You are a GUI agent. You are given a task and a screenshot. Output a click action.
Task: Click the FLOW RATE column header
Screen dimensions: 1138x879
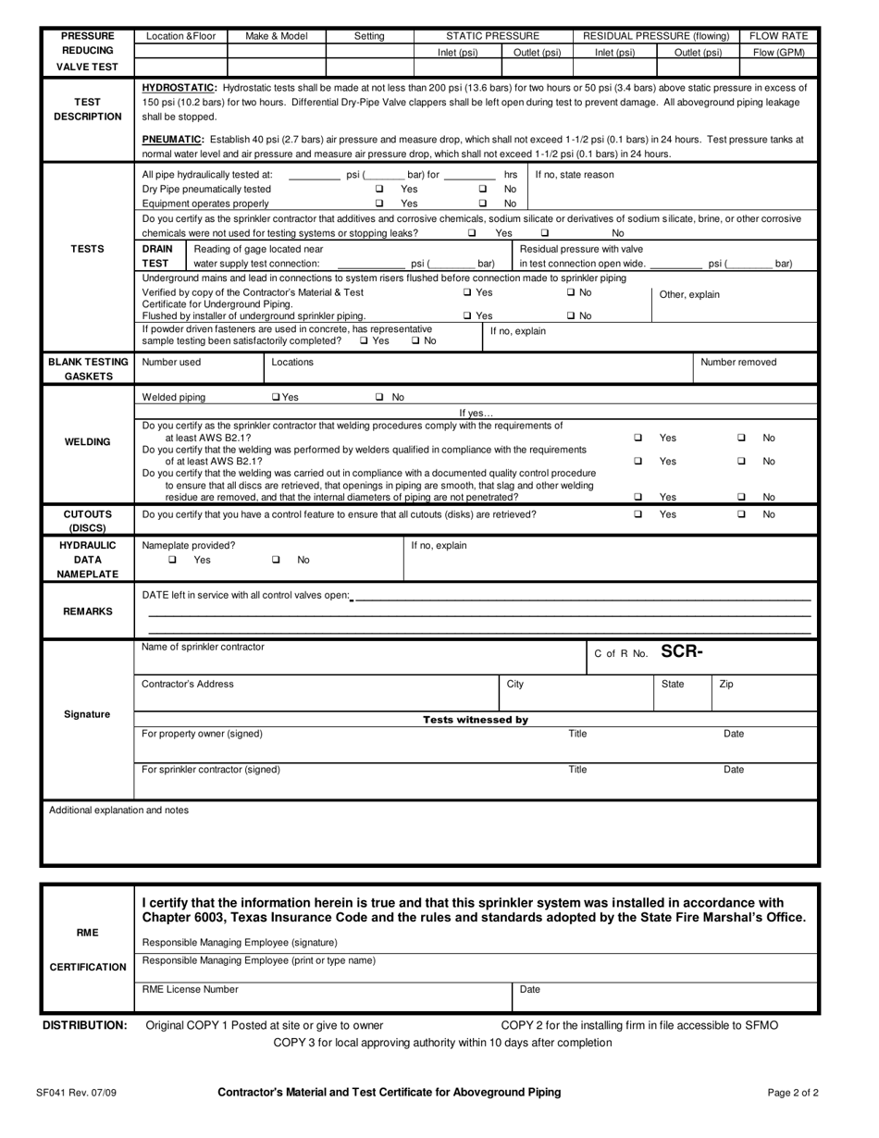point(779,36)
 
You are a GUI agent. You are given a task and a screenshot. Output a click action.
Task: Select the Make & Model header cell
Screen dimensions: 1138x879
point(277,36)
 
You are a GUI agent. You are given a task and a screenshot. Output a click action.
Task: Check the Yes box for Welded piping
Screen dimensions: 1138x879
point(275,397)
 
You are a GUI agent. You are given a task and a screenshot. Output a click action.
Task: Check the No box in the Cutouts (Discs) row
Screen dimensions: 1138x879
point(740,514)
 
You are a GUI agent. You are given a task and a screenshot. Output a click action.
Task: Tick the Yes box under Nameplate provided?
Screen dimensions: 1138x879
point(172,560)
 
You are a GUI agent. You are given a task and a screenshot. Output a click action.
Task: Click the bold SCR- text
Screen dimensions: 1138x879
point(682,651)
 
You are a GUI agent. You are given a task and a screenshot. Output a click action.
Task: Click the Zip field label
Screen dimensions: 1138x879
point(726,684)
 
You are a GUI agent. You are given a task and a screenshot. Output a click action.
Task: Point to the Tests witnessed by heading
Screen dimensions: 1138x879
point(476,719)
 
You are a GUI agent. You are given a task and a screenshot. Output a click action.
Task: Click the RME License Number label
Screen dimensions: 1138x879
point(190,989)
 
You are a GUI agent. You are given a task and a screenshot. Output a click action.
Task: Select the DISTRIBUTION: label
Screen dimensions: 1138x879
point(85,1025)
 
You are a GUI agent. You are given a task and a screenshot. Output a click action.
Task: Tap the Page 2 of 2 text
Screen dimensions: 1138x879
point(793,1092)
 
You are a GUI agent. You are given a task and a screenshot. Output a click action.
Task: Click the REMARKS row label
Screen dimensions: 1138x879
point(87,612)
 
